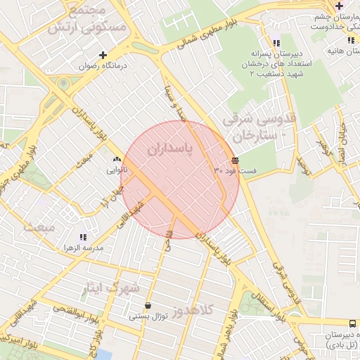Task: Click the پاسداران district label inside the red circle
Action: (x=169, y=150)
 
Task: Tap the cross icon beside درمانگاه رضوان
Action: (x=103, y=54)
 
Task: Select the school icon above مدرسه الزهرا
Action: (x=83, y=238)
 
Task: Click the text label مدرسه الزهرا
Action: (x=83, y=249)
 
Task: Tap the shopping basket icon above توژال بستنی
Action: (x=148, y=305)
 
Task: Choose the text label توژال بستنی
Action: (x=148, y=316)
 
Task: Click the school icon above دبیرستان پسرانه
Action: (x=284, y=42)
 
